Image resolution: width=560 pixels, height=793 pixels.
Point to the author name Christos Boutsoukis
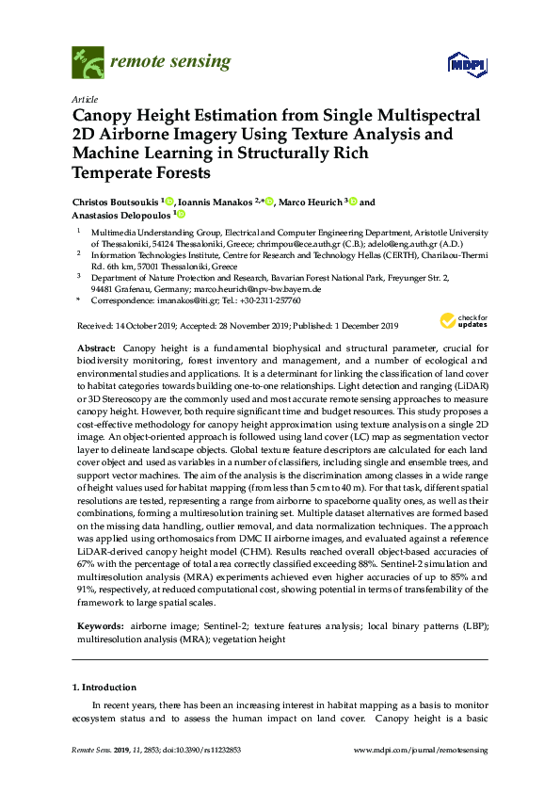(115, 202)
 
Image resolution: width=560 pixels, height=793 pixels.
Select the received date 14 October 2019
(154, 326)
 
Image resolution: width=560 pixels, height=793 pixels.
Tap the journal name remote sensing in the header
(169, 63)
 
